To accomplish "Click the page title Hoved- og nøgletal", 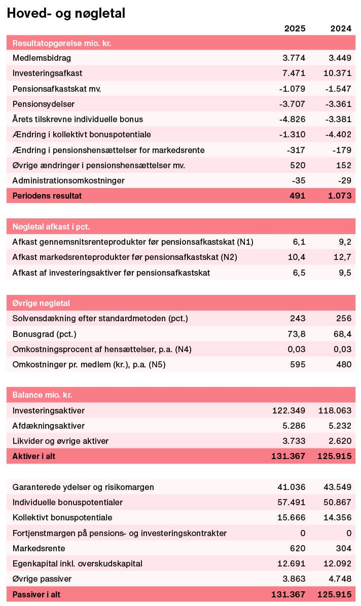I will [66, 14].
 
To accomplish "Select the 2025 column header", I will [295, 28].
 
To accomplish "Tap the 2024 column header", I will [340, 28].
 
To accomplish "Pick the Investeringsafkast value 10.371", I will [337, 73].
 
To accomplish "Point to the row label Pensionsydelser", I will [44, 104].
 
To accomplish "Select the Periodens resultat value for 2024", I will [338, 196].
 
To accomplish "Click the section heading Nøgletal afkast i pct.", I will [51, 226].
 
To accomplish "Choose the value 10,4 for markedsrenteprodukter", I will [297, 257].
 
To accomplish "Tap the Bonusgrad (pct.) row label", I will [44, 334].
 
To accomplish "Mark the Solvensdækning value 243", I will [298, 318].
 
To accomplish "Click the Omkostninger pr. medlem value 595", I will [298, 364].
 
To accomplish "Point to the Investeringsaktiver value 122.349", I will [289, 410].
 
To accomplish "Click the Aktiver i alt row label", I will [34, 456].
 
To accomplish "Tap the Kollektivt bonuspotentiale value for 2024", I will [337, 518].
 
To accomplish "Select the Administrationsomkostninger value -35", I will [298, 180].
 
